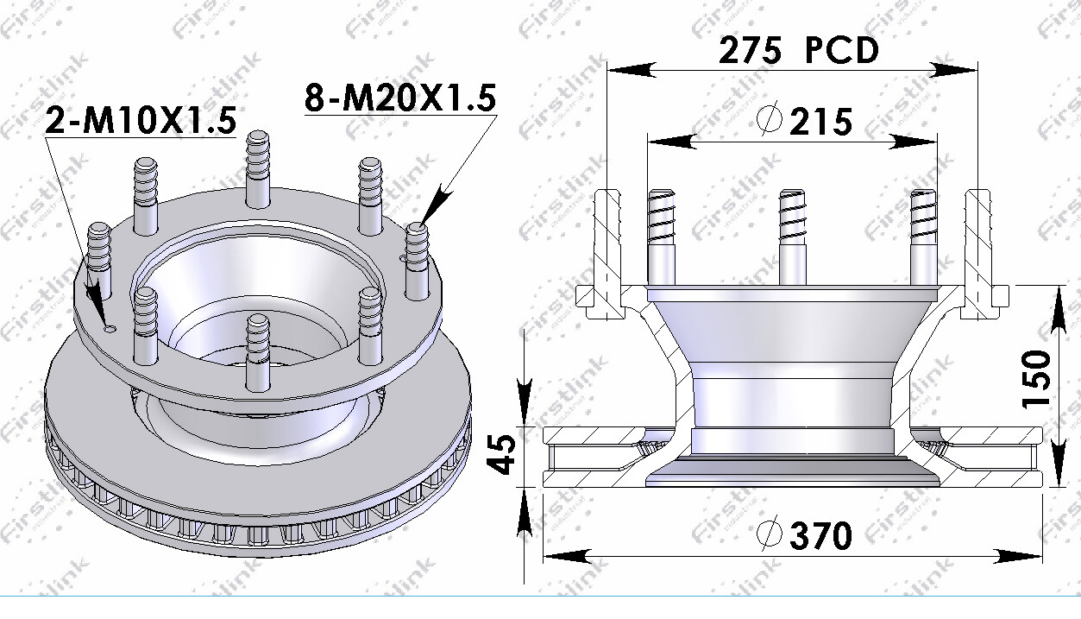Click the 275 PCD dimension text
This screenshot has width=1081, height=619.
(798, 51)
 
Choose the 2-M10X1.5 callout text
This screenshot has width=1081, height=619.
(140, 121)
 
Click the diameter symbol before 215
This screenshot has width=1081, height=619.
(769, 121)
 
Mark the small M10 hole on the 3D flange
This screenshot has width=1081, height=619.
(109, 328)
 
